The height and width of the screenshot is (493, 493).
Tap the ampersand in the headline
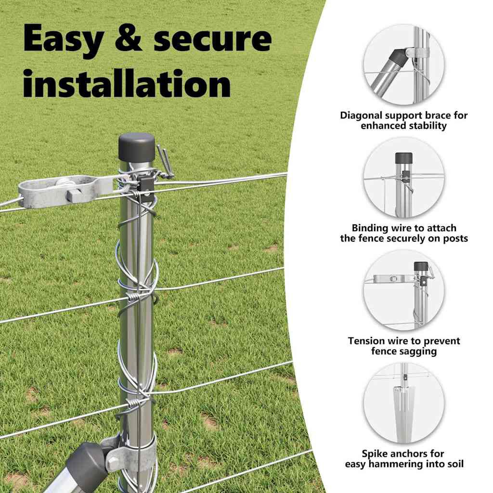128,37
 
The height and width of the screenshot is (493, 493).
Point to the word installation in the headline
127,83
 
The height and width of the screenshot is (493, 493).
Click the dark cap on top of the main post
136,147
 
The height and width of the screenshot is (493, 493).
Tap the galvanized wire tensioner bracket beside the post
66,191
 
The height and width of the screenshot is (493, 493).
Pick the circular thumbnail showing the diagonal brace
404,65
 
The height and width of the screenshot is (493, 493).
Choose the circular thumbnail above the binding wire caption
404,177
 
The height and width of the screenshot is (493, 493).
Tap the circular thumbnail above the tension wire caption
404,290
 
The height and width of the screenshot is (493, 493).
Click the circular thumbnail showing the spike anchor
404,403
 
